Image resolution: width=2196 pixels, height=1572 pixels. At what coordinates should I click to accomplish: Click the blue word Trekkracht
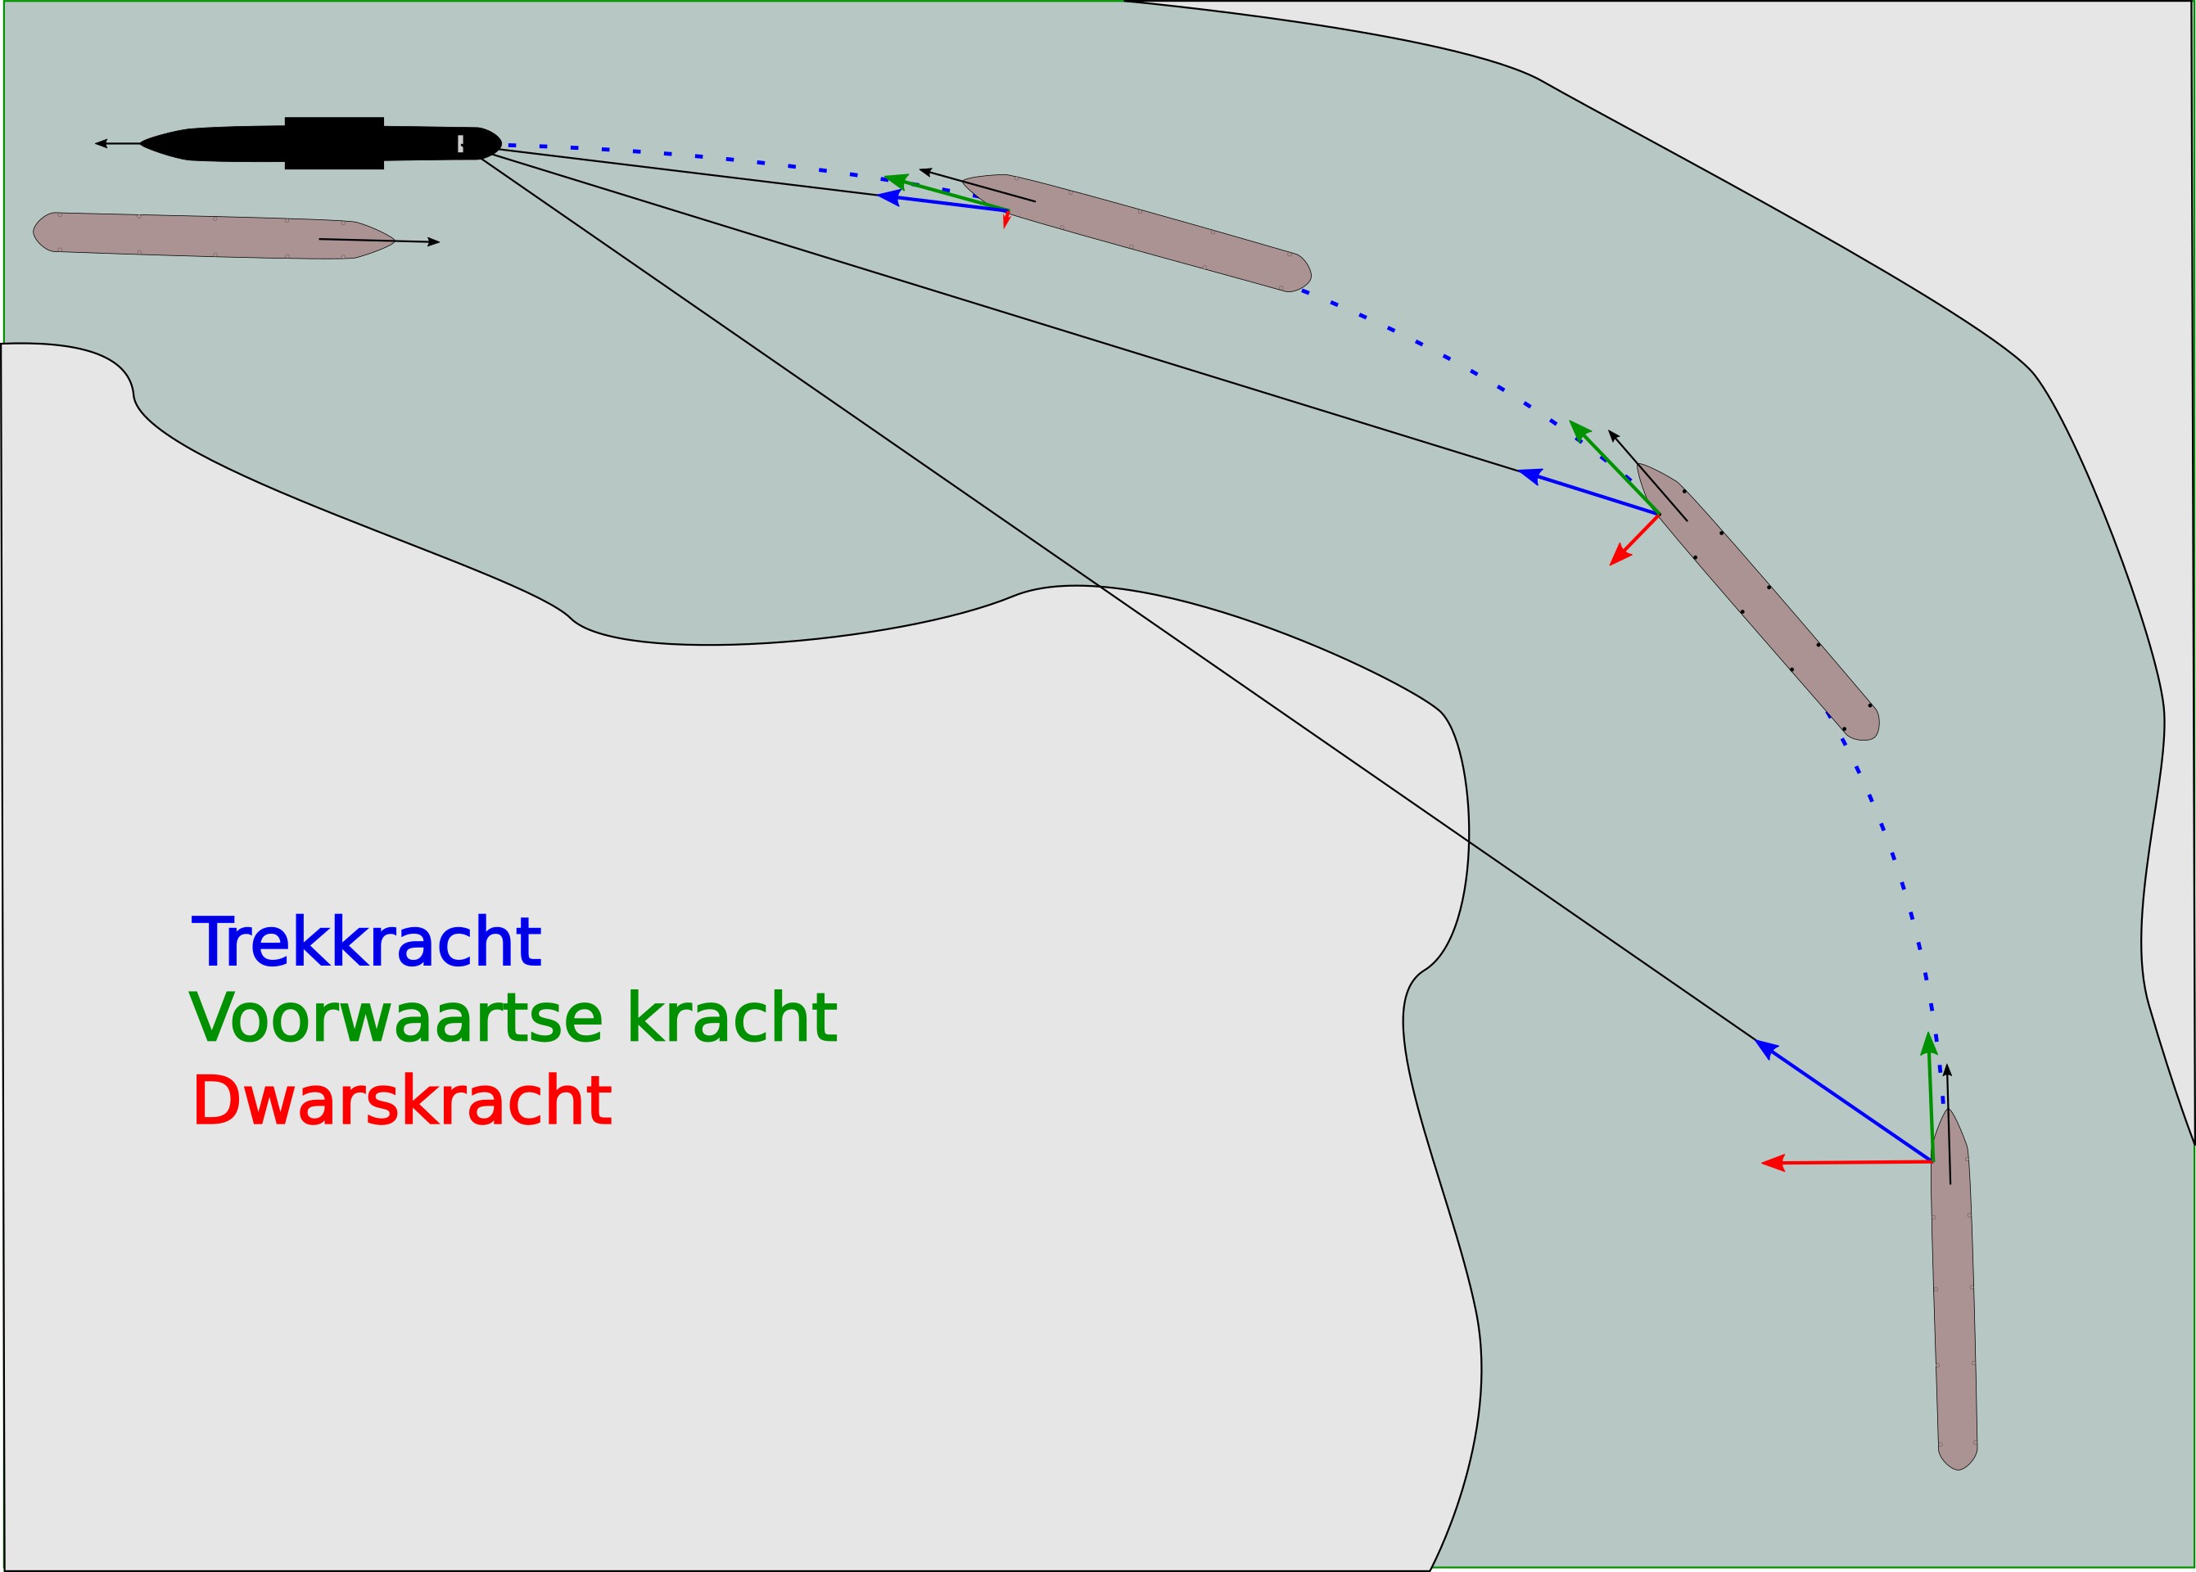(x=366, y=942)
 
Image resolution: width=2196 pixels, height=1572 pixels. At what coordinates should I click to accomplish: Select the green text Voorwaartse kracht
(x=513, y=1018)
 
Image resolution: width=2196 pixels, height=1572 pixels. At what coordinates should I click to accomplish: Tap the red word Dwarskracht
(x=402, y=1101)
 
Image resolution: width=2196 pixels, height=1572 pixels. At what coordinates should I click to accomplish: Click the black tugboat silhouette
(x=319, y=143)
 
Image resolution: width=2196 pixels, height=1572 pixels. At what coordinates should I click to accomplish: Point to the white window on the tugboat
(x=461, y=143)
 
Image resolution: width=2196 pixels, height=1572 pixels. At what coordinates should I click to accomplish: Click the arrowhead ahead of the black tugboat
(x=101, y=143)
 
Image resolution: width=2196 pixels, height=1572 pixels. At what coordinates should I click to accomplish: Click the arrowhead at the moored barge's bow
(x=434, y=242)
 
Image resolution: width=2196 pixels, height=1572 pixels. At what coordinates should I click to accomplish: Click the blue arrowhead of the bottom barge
(x=1765, y=1047)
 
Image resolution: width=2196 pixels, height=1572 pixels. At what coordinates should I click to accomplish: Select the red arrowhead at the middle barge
(x=1618, y=556)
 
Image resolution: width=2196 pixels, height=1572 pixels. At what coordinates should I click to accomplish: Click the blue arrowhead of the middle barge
(x=1529, y=475)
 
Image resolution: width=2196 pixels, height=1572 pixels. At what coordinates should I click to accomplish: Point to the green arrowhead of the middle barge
(x=1579, y=430)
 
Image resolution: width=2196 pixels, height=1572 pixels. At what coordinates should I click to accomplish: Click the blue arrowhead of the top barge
(x=887, y=196)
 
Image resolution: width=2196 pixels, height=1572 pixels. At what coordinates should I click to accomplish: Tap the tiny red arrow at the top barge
(x=1007, y=220)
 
